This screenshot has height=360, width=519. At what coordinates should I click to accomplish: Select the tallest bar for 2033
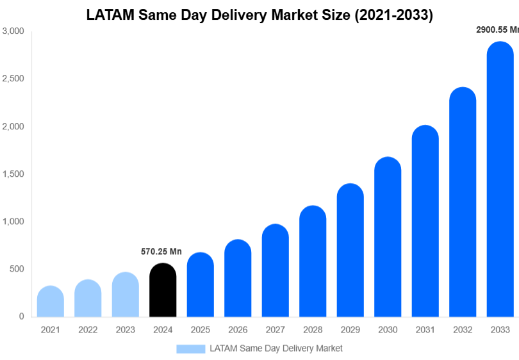pos(500,179)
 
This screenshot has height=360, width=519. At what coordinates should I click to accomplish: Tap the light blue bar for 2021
pos(51,302)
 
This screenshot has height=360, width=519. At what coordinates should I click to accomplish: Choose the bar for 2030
pos(388,237)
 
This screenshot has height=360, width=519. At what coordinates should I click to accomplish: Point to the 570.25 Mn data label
pos(161,252)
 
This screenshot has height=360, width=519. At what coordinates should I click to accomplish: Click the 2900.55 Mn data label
pos(497,29)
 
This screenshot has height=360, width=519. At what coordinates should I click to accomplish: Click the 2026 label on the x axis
pos(238,330)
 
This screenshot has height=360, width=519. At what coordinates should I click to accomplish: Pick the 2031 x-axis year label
pos(425,330)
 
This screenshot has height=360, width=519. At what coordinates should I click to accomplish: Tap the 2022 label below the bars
pos(88,330)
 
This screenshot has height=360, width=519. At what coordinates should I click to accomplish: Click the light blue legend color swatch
pos(191,348)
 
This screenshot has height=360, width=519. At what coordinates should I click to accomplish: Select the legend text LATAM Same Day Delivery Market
pos(276,348)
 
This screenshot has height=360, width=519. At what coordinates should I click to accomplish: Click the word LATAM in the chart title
pos(110,15)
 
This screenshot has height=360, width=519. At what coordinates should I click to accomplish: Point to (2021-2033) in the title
pos(391,15)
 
